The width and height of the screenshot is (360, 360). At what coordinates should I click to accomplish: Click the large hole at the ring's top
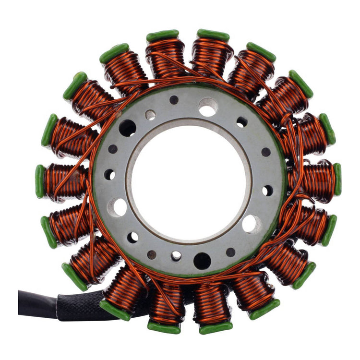[x=208, y=107]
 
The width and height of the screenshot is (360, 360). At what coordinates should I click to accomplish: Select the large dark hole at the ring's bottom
[x=202, y=261]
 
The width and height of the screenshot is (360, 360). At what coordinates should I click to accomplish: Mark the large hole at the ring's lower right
[x=252, y=224]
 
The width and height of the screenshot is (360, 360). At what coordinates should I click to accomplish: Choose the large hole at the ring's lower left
[x=117, y=207]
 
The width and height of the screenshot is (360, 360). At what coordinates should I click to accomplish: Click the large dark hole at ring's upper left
[x=128, y=128]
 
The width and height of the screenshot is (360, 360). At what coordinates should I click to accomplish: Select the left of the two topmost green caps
[x=162, y=36]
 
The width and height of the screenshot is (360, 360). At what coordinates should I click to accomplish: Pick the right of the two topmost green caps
[x=213, y=35]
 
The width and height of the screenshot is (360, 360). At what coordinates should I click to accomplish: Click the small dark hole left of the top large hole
[x=174, y=100]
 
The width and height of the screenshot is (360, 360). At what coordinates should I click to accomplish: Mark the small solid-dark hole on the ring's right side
[x=266, y=152]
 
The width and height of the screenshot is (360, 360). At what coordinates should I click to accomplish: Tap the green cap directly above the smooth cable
[x=74, y=276]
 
